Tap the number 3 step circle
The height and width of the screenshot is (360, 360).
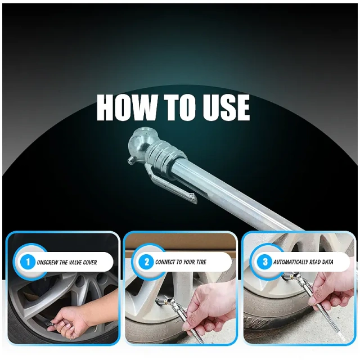(265, 262)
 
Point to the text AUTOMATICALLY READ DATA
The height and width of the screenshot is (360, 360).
(303, 262)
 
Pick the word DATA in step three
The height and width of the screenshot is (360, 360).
(326, 262)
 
